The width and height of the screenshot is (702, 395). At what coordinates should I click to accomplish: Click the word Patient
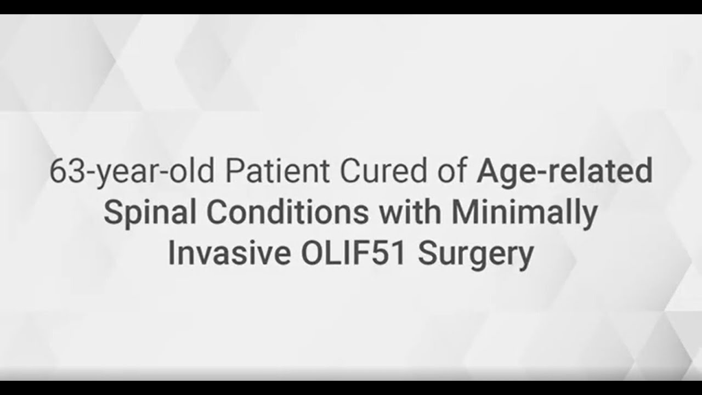(280, 172)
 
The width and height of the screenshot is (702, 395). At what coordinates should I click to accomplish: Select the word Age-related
(564, 172)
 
